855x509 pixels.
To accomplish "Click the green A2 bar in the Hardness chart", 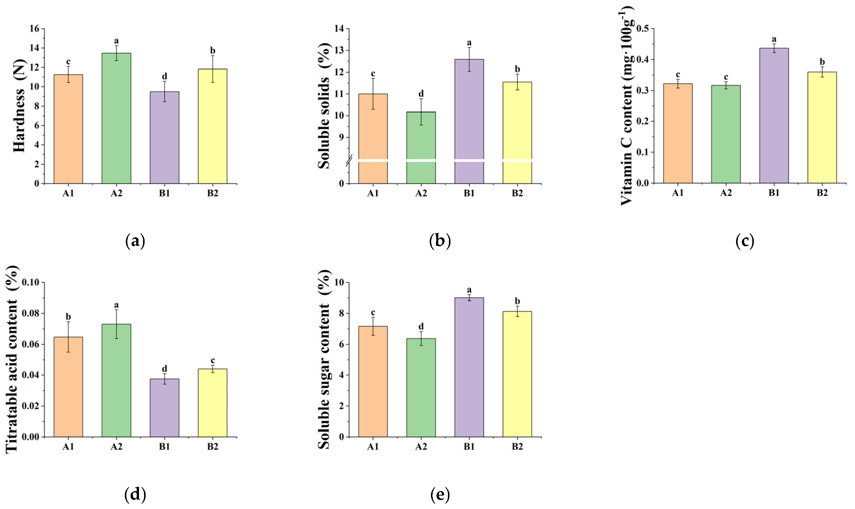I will pyautogui.click(x=116, y=118).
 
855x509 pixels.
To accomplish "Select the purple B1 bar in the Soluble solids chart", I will pyautogui.click(x=469, y=110).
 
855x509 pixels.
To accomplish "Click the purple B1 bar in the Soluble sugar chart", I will pyautogui.click(x=469, y=367).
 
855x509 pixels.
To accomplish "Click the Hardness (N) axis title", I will pyautogui.click(x=20, y=106).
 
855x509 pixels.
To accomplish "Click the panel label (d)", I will pyautogui.click(x=135, y=494).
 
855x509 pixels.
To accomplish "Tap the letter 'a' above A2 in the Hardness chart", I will pyautogui.click(x=116, y=41).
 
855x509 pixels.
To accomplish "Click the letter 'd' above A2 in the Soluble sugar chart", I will pyautogui.click(x=421, y=326).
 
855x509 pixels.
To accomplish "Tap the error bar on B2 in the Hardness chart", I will pyautogui.click(x=213, y=69).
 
